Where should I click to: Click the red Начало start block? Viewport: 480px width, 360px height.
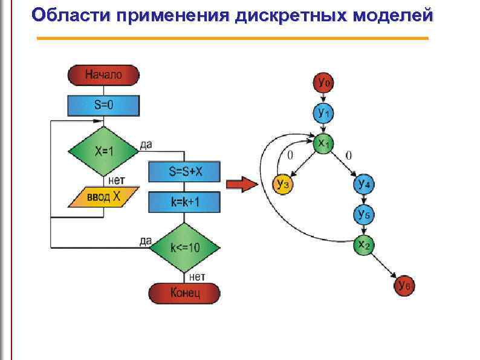(x=103, y=75)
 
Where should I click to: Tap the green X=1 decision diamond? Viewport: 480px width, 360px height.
(x=103, y=151)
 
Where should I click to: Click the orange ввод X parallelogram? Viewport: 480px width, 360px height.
(x=103, y=197)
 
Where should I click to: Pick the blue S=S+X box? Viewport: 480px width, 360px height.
(x=185, y=172)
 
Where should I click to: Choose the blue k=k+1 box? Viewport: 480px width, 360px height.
(x=185, y=202)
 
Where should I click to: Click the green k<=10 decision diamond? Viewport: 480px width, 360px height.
(x=185, y=247)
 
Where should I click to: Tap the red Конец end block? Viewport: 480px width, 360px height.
(x=185, y=293)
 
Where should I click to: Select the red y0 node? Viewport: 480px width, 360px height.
(x=323, y=82)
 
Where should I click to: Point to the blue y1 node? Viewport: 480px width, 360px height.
(x=323, y=113)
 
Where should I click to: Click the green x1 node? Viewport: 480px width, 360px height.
(x=323, y=143)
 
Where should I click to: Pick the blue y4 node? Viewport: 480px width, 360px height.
(x=364, y=184)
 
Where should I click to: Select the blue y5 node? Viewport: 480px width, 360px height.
(x=364, y=214)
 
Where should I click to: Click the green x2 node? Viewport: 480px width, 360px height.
(x=364, y=245)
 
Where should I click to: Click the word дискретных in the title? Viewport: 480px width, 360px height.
(x=288, y=15)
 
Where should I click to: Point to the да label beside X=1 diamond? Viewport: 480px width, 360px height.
(x=146, y=144)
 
